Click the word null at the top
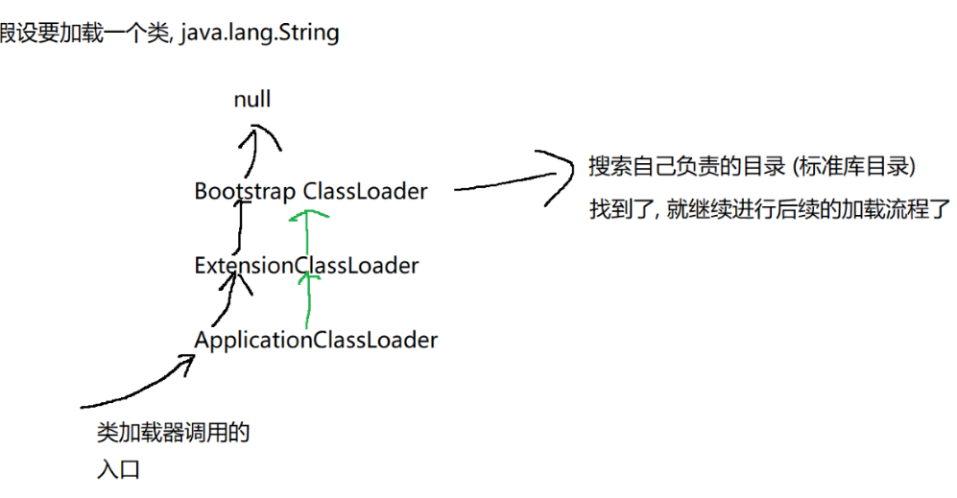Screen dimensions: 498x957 pos(252,99)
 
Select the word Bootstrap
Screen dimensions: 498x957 pos(245,191)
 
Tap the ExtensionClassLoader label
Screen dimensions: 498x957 pos(306,266)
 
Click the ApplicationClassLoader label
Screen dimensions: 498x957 pos(316,340)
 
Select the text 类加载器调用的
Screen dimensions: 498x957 pos(173,434)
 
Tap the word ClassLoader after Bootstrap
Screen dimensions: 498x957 pos(365,191)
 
